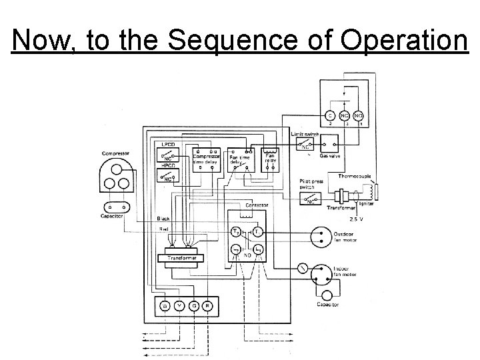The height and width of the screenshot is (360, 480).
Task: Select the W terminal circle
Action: tap(164, 306)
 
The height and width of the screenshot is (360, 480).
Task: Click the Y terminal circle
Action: tap(179, 306)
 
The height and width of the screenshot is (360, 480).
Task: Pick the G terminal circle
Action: tap(194, 306)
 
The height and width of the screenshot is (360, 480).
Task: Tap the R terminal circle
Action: tap(209, 306)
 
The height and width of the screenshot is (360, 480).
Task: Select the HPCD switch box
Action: tap(167, 175)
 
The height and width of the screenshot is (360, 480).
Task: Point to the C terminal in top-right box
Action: tap(330, 115)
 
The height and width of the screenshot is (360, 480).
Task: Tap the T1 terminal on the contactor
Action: tap(237, 231)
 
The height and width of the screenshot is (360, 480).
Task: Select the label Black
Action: tap(163, 219)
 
